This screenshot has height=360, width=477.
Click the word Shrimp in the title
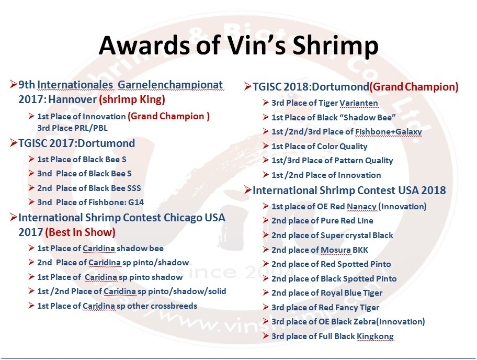pyautogui.click(x=336, y=46)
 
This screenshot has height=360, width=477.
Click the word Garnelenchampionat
pyautogui.click(x=171, y=85)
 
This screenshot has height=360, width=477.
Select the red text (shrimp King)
pyautogui.click(x=132, y=99)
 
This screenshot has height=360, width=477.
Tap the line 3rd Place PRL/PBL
pyautogui.click(x=72, y=128)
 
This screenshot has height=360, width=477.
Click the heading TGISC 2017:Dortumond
pyautogui.click(x=77, y=143)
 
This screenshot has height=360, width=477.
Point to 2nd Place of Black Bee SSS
pyautogui.click(x=89, y=188)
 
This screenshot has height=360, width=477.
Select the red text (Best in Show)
pyautogui.click(x=81, y=232)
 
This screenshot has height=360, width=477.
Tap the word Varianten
pyautogui.click(x=359, y=103)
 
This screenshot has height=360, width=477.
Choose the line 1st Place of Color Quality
pyautogui.click(x=320, y=147)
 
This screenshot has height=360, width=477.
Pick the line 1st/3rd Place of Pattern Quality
pyautogui.click(x=332, y=160)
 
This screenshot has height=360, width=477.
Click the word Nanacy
pyautogui.click(x=362, y=206)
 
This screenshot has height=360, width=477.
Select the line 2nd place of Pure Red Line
pyautogui.click(x=322, y=221)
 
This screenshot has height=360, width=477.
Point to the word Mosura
pyautogui.click(x=336, y=250)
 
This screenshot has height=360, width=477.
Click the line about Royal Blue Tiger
pyautogui.click(x=327, y=293)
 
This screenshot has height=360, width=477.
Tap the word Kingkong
pyautogui.click(x=375, y=336)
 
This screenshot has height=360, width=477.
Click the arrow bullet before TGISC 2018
pyautogui.click(x=247, y=86)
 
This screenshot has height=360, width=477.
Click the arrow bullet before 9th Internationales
pyautogui.click(x=14, y=84)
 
